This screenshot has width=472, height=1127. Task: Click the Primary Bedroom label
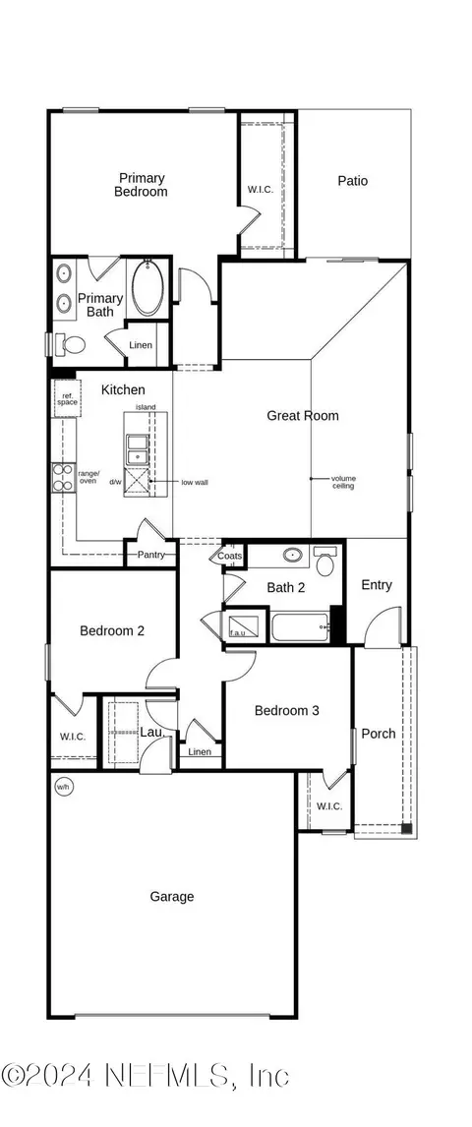(x=143, y=185)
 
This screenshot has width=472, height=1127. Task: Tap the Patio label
(x=353, y=181)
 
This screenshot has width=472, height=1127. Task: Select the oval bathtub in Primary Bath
(x=149, y=287)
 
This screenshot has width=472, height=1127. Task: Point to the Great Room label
(x=303, y=416)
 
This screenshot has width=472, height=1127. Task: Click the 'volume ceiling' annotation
(x=344, y=482)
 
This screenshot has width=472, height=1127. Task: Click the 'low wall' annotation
(x=194, y=483)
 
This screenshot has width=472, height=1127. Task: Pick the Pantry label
(x=151, y=556)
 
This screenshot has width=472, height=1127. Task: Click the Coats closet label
(x=230, y=555)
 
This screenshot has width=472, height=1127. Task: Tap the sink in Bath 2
(x=292, y=556)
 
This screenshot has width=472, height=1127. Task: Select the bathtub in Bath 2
(x=299, y=626)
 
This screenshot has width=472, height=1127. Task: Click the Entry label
(x=377, y=585)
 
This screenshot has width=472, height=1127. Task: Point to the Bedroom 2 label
(x=112, y=631)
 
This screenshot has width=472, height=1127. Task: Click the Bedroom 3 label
(x=286, y=710)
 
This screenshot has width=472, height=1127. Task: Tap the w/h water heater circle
(x=63, y=787)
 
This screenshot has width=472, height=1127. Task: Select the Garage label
(x=172, y=896)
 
